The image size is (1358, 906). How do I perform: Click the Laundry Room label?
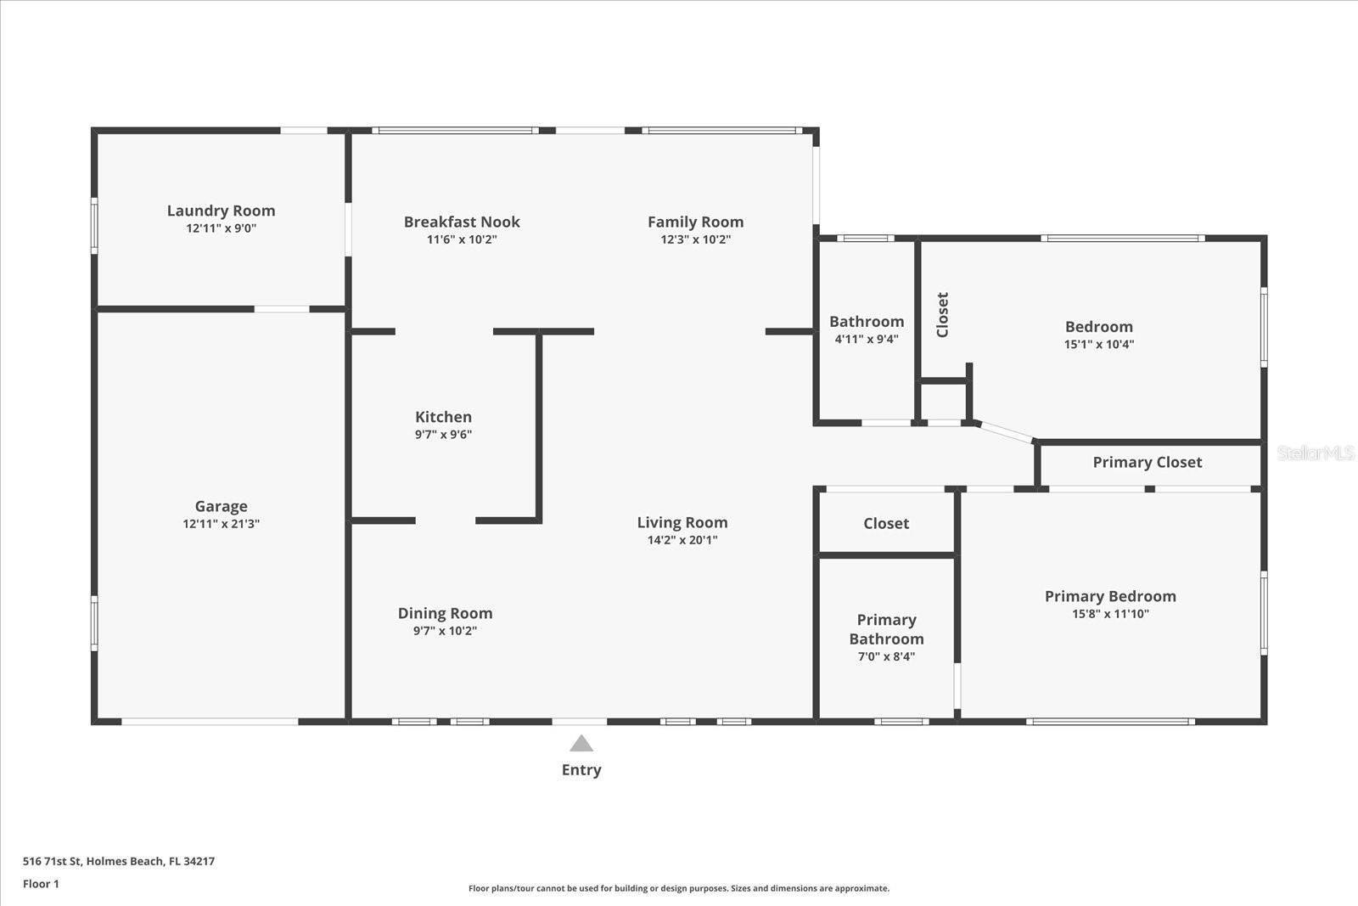221,211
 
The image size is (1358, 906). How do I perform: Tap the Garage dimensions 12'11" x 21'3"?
221,524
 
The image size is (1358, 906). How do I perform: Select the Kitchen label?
443,417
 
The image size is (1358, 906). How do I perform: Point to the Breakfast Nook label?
462,222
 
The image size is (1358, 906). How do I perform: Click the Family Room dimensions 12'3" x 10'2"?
695,239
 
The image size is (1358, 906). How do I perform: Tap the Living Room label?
682,522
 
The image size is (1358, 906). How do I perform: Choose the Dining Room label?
445,613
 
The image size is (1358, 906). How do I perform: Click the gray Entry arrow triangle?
581,745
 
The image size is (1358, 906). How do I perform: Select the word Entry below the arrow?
581,770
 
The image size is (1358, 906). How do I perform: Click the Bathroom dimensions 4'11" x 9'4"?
867,339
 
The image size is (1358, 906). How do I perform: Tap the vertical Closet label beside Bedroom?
942,315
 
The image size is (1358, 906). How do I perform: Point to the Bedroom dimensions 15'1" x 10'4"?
1098,345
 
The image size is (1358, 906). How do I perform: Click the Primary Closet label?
1147,462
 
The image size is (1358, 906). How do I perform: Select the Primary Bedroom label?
1110,596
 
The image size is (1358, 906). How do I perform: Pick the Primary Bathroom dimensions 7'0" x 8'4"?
886,656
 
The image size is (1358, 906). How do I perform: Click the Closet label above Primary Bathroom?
886,523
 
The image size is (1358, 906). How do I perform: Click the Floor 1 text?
41,884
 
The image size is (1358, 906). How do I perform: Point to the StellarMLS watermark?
1315,453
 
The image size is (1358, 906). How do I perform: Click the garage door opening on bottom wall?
210,722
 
